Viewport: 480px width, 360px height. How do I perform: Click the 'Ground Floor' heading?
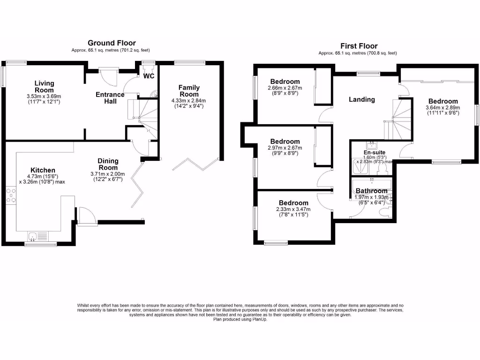(x=112, y=43)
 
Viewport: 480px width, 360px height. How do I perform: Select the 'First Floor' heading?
(x=359, y=46)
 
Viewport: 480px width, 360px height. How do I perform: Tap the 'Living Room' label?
(x=44, y=87)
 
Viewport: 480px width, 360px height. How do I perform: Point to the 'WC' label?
(x=149, y=76)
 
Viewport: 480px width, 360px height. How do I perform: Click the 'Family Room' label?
(x=189, y=90)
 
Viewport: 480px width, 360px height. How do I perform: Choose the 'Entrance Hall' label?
(x=110, y=97)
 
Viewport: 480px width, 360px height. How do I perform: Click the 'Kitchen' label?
(x=43, y=170)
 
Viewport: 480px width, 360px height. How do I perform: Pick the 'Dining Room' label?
(x=108, y=164)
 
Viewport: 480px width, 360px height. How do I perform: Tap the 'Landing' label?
(x=362, y=99)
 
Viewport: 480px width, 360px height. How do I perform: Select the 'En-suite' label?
(x=374, y=152)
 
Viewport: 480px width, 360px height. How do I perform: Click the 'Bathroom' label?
(x=372, y=191)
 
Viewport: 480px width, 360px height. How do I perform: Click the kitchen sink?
(x=37, y=236)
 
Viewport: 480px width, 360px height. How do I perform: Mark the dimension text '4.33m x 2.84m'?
(x=189, y=100)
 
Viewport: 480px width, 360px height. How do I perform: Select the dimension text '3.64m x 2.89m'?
(x=443, y=107)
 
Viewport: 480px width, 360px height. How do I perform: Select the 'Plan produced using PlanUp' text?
(x=240, y=320)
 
